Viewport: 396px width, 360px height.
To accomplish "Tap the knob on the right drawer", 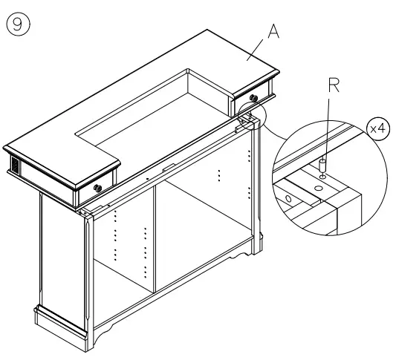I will [x=255, y=97].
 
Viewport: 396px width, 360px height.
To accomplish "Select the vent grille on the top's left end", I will [x=11, y=163].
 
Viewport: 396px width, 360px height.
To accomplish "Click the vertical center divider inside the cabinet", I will [x=155, y=238].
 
